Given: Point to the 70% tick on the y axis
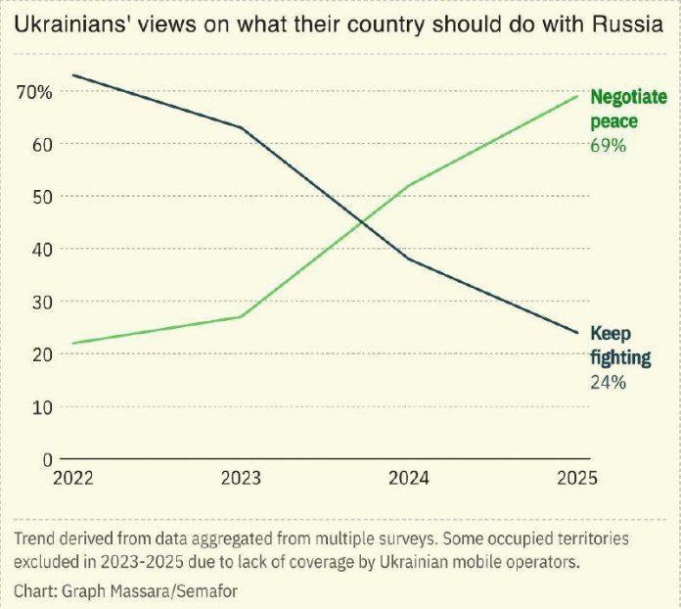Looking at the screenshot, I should coord(36,92).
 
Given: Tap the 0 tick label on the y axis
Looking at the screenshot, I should coord(45,458).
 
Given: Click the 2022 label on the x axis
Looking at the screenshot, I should coord(72,480).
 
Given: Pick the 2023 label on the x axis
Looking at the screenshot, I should coord(242,480).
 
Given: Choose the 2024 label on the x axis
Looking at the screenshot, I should coord(408,480).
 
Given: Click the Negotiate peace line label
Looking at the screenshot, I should coord(628,109).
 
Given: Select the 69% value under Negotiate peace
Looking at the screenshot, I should coord(608,145).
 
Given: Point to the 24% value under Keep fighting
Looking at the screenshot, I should coord(608,382).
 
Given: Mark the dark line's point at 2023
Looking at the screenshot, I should coord(242,128).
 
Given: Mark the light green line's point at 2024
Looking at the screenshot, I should coord(408,185).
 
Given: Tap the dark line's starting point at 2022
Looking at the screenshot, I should coord(73,75).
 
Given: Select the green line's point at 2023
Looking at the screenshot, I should coord(242,316).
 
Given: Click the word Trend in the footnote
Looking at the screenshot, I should coord(35,539).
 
